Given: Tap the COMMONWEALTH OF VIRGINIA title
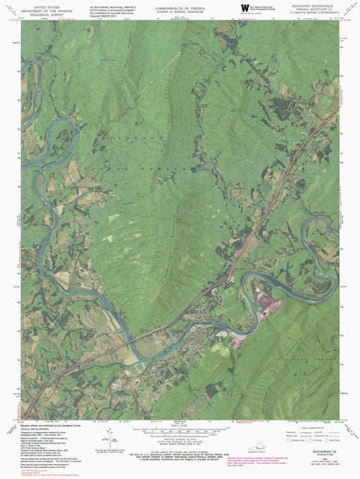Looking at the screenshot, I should pos(179,4).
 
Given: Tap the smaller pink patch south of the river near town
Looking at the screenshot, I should pos(238,341).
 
